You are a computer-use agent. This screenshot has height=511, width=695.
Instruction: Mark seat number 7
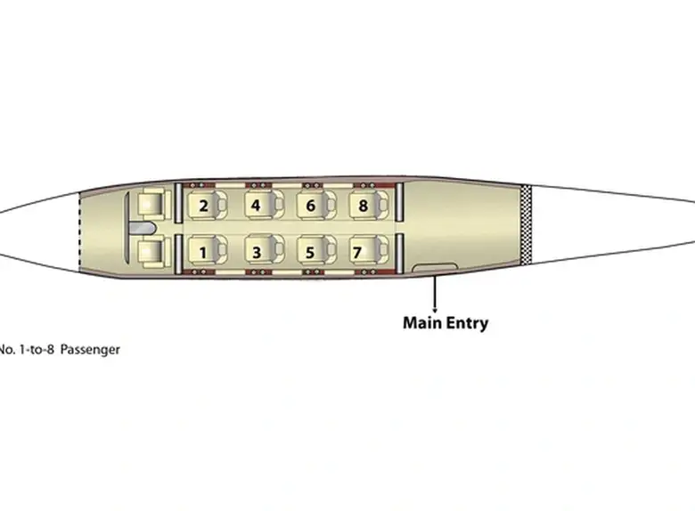coord(369,251)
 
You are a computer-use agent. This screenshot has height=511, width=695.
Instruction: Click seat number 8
coord(369,205)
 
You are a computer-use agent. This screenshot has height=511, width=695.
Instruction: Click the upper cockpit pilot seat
coord(154,204)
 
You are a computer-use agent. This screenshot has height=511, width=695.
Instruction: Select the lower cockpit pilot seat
coord(154,253)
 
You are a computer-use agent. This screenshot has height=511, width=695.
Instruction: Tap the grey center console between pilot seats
coord(142,228)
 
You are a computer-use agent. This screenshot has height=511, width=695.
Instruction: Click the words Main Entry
coord(446,323)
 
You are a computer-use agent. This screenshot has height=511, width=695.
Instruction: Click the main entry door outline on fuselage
coord(435,267)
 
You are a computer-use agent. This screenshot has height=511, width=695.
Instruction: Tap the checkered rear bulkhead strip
coord(526,224)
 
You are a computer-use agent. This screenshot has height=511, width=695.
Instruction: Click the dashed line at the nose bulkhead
coord(79,231)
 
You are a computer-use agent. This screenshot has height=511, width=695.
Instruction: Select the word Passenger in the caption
coord(90,349)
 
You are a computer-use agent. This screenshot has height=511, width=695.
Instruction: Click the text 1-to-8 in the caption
coord(37,349)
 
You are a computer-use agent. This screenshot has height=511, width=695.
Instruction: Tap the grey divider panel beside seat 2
coord(178,202)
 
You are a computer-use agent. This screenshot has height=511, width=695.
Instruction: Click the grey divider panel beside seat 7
coord(399,254)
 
